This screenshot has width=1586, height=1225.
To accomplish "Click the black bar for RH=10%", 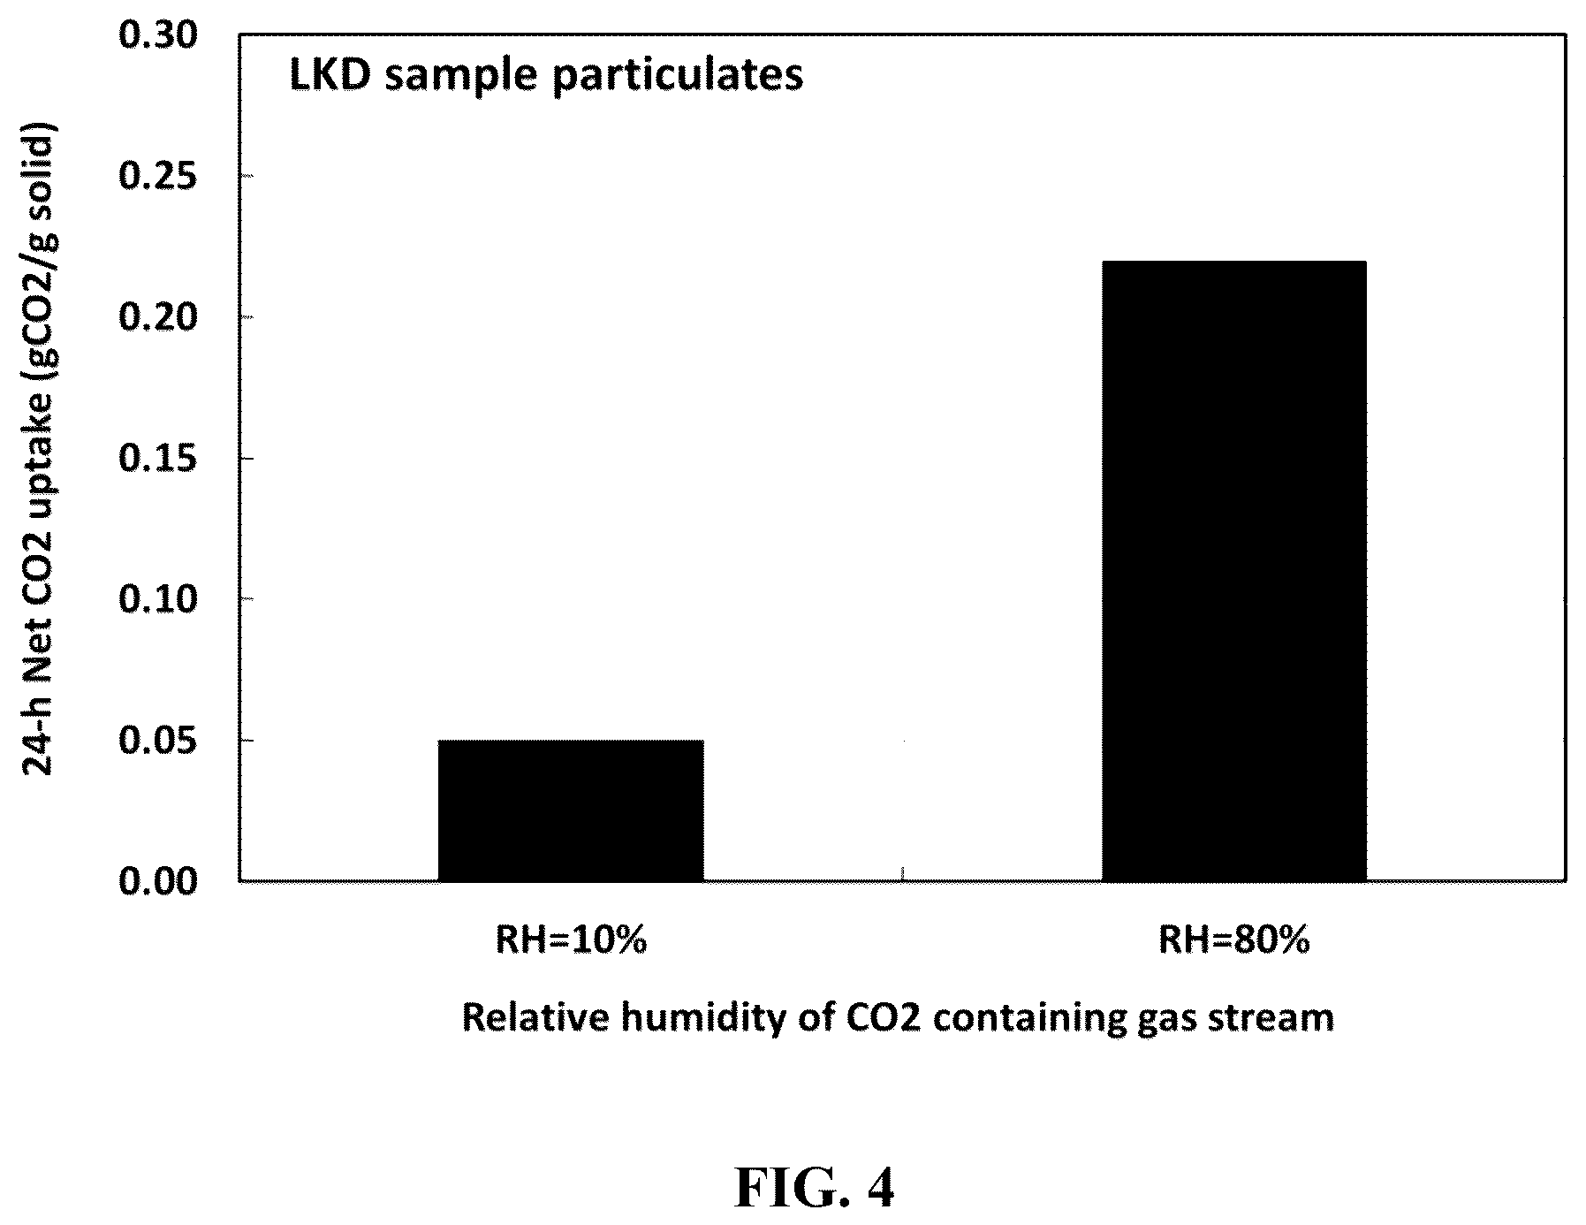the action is pyautogui.click(x=571, y=810).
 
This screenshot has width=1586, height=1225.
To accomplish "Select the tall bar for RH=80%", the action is pyautogui.click(x=1233, y=571).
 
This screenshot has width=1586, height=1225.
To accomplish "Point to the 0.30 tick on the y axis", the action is pyautogui.click(x=157, y=36).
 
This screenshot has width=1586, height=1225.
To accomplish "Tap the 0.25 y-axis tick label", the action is pyautogui.click(x=157, y=177).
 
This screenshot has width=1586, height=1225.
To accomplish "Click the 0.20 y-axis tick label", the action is pyautogui.click(x=157, y=317).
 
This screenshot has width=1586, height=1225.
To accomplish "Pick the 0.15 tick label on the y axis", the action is pyautogui.click(x=157, y=459).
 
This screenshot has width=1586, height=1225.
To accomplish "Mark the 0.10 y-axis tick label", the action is pyautogui.click(x=157, y=599).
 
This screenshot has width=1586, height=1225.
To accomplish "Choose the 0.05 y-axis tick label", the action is pyautogui.click(x=157, y=741).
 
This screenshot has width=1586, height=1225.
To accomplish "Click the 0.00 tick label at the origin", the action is pyautogui.click(x=157, y=881).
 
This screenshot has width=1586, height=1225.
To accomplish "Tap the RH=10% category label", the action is pyautogui.click(x=571, y=940).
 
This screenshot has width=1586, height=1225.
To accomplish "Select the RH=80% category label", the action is pyautogui.click(x=1233, y=940).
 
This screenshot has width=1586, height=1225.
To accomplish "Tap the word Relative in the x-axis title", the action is pyautogui.click(x=535, y=1018).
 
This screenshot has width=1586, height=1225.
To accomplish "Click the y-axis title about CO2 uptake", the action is pyautogui.click(x=38, y=448).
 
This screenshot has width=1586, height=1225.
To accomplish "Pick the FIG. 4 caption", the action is pyautogui.click(x=815, y=1189).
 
